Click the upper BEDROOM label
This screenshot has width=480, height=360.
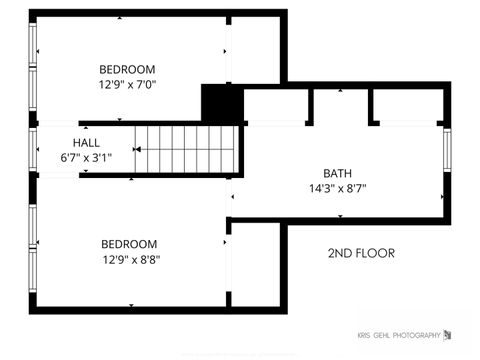pyautogui.click(x=127, y=69)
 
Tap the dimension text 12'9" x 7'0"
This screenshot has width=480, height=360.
pyautogui.click(x=127, y=84)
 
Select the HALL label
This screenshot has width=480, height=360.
pyautogui.click(x=86, y=143)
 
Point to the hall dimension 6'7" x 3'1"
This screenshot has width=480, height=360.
pyautogui.click(x=86, y=157)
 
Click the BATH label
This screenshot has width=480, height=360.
pyautogui.click(x=337, y=173)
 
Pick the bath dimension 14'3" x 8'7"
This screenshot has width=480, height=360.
pyautogui.click(x=337, y=188)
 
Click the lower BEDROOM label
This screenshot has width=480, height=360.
pyautogui.click(x=129, y=244)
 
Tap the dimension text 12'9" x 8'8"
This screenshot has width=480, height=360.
pyautogui.click(x=129, y=259)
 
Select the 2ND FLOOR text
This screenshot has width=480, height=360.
pyautogui.click(x=361, y=253)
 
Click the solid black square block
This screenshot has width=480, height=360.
pyautogui.click(x=221, y=103)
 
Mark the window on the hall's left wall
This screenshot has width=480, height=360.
pyautogui.click(x=35, y=150)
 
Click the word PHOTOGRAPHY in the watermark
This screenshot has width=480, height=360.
pyautogui.click(x=415, y=335)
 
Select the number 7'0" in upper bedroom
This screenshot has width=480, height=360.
pyautogui.click(x=145, y=84)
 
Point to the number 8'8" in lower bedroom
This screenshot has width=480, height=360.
pyautogui.click(x=148, y=259)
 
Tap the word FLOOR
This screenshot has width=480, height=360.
pyautogui.click(x=378, y=253)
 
